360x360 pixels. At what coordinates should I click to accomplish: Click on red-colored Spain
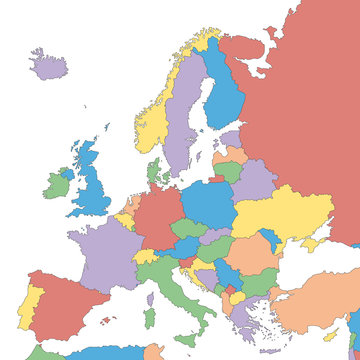65,300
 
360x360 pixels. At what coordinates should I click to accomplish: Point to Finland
224,95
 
